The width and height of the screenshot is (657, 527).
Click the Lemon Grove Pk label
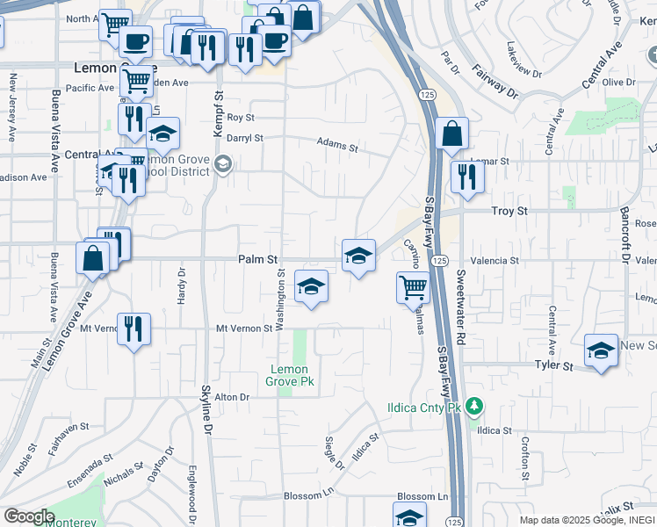click(289, 375)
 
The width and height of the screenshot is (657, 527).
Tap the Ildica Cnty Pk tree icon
click(475, 406)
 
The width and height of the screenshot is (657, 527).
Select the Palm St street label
click(257, 260)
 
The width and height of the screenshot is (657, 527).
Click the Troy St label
click(509, 212)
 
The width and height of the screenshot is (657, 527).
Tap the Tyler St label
click(554, 364)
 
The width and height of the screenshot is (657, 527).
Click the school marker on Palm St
click(358, 256)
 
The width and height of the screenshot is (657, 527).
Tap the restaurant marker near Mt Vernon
click(134, 329)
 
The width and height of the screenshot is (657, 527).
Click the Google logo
click(28, 516)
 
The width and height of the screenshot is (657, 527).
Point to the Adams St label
click(337, 143)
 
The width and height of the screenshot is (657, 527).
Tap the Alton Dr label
click(232, 397)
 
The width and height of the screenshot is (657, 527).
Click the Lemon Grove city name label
click(112, 68)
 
